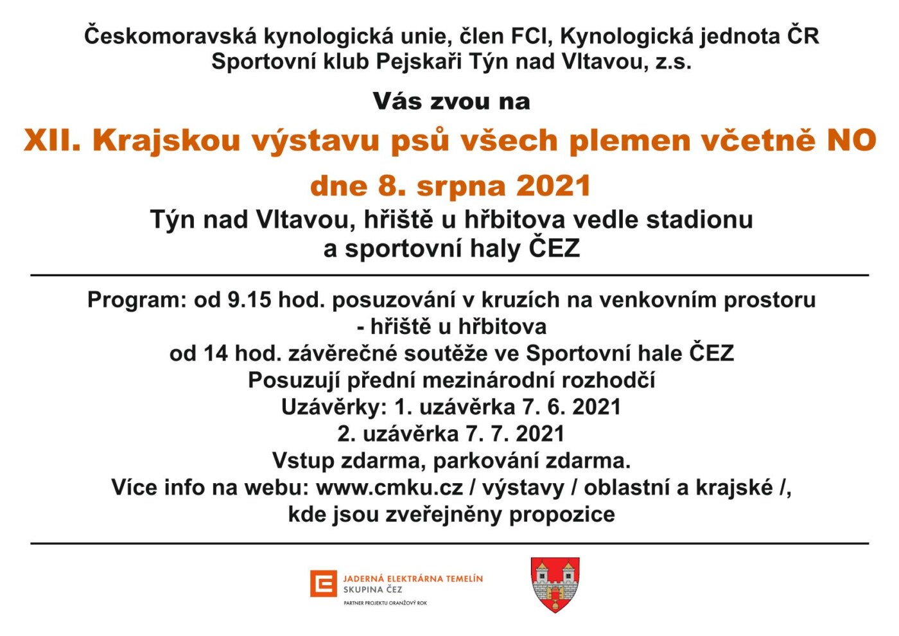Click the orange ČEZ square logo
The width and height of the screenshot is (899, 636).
tap(323, 583)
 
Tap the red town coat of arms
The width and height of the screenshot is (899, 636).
tap(555, 584)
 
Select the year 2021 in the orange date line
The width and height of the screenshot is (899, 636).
tap(554, 186)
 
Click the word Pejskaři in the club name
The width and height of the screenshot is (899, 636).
tap(419, 62)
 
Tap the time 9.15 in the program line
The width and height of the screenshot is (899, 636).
tap(250, 299)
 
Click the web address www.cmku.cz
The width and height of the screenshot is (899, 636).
tap(389, 488)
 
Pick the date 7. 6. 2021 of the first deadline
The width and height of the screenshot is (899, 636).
tap(572, 407)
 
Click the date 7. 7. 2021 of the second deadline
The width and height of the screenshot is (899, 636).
tap(515, 434)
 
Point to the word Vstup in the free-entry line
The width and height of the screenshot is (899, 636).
tap(303, 461)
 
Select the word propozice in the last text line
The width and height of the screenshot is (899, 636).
tap(562, 515)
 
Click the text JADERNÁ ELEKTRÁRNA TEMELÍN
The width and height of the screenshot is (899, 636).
tap(413, 579)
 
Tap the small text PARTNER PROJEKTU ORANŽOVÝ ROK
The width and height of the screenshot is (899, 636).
tap(385, 603)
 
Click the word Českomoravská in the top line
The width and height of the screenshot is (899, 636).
tap(170, 36)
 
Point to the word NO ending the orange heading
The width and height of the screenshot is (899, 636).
tap(851, 140)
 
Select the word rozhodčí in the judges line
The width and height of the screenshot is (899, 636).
tap(609, 380)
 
